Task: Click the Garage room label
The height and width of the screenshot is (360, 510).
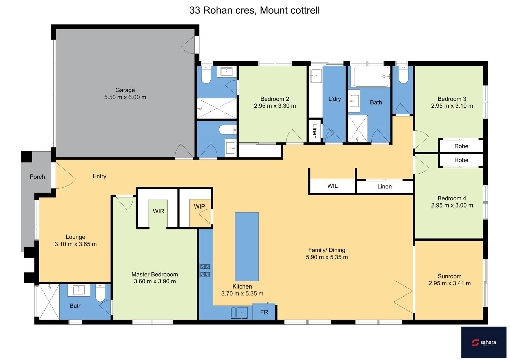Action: (125, 90)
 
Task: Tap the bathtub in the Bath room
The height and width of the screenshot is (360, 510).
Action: (371, 77)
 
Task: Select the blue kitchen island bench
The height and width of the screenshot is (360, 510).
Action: (247, 247)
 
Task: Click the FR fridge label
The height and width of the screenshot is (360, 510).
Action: (264, 312)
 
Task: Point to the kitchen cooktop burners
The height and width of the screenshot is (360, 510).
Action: (205, 270)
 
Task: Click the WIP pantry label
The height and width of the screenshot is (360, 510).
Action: (200, 206)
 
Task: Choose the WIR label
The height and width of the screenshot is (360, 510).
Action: (158, 211)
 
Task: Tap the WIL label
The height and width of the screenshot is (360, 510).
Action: (332, 186)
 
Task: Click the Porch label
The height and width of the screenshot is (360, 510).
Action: (37, 177)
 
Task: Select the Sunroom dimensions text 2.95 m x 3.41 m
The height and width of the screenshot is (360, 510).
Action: (450, 283)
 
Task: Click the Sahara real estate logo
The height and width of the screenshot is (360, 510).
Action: (484, 342)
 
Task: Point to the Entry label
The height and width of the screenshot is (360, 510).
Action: (99, 176)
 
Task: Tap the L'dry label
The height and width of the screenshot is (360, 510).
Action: (334, 99)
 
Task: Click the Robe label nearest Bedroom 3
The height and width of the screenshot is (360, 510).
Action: (461, 146)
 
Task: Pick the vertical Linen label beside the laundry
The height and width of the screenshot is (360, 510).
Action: (315, 131)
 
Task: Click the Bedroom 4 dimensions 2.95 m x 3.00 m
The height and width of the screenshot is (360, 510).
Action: (452, 205)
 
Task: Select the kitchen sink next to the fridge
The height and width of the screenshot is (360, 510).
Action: (239, 313)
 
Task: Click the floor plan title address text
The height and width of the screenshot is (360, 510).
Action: (255, 10)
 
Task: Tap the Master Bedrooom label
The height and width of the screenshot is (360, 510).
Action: (155, 274)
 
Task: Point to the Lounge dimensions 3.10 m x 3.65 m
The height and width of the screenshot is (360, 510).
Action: (76, 244)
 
